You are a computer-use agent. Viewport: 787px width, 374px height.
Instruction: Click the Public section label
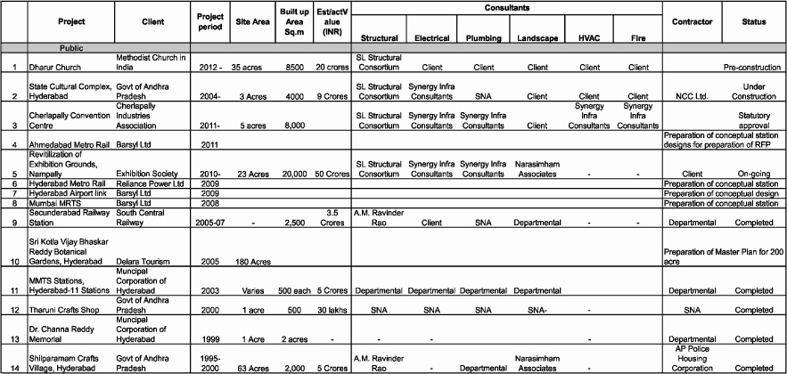pos(71,47)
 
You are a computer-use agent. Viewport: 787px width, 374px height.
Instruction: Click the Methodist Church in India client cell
pos(152,62)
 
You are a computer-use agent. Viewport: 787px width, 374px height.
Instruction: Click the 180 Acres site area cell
pos(251,263)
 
